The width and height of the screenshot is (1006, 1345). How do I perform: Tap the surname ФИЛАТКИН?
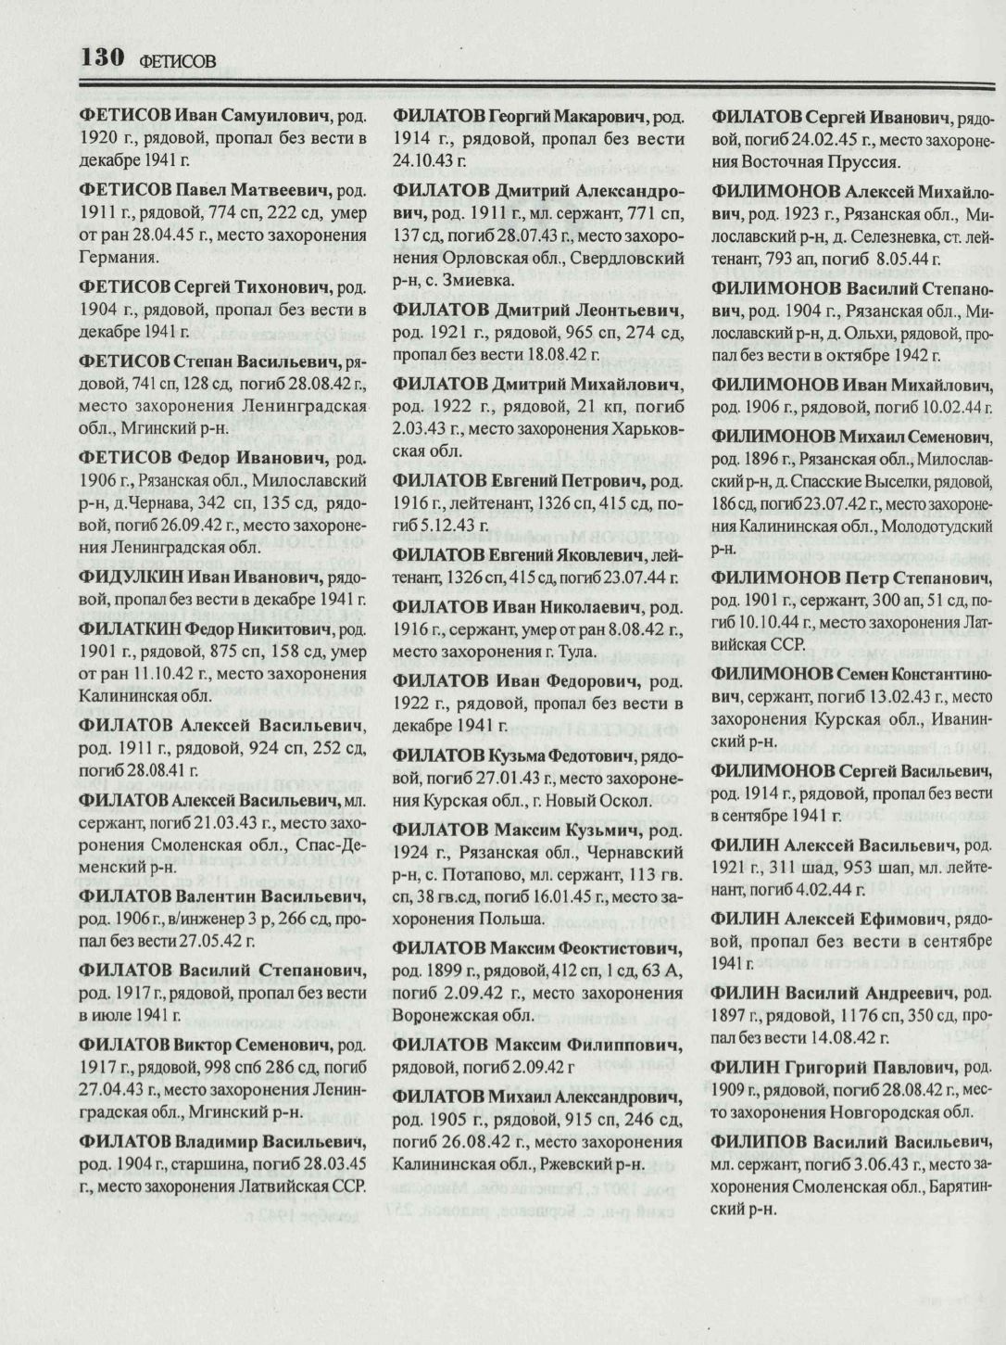131,628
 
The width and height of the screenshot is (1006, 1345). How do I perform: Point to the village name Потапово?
474,874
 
